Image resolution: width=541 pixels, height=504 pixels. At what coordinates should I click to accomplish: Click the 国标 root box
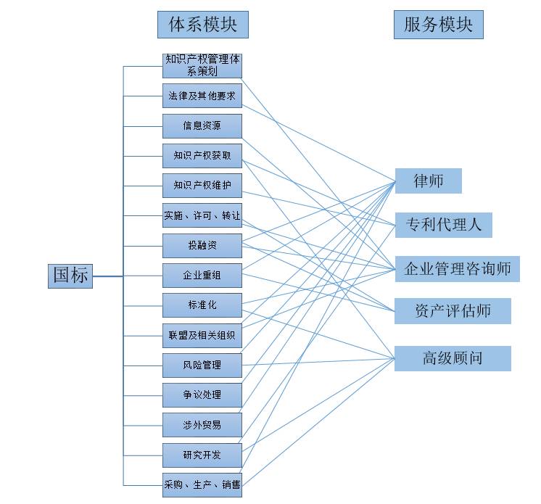click(70, 276)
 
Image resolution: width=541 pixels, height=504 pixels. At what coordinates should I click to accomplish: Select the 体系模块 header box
click(203, 25)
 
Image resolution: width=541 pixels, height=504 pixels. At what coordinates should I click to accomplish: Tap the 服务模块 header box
click(439, 25)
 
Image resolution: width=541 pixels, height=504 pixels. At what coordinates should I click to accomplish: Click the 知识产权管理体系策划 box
click(202, 66)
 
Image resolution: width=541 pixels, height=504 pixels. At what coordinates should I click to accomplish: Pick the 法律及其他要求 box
click(202, 96)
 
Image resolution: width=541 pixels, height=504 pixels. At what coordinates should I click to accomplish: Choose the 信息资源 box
click(202, 126)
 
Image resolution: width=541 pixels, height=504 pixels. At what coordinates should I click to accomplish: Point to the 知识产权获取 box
click(202, 156)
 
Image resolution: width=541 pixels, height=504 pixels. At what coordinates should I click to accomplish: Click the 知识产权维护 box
click(202, 186)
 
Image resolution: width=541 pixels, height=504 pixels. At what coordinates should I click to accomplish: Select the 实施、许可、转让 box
click(202, 215)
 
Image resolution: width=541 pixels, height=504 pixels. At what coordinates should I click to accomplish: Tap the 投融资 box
click(202, 246)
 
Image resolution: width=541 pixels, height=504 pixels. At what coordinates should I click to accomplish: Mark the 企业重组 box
click(202, 276)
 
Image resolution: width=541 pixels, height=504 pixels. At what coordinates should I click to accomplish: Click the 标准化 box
click(202, 305)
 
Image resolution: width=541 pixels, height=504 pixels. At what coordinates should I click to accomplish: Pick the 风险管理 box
click(202, 365)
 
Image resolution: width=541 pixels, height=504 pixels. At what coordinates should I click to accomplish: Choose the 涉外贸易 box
click(202, 425)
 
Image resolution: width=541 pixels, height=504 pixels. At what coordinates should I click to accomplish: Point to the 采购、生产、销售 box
click(202, 485)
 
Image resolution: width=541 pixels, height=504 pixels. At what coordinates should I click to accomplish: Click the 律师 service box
click(429, 181)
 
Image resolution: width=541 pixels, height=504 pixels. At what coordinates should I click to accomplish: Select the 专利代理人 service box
click(444, 225)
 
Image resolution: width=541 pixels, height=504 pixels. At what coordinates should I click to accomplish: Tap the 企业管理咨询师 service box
click(458, 269)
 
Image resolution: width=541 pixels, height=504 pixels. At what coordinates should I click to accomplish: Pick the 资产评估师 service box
click(453, 311)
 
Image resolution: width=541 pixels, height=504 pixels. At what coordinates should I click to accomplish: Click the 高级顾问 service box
click(453, 358)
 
